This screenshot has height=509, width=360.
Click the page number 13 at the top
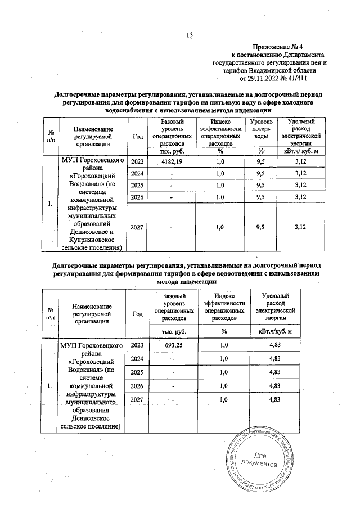coord(190,35)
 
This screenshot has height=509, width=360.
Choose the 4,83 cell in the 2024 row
coord(275,358)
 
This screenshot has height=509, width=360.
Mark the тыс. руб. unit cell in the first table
coord(172,151)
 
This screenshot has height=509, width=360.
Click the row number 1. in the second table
coord(51,386)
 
